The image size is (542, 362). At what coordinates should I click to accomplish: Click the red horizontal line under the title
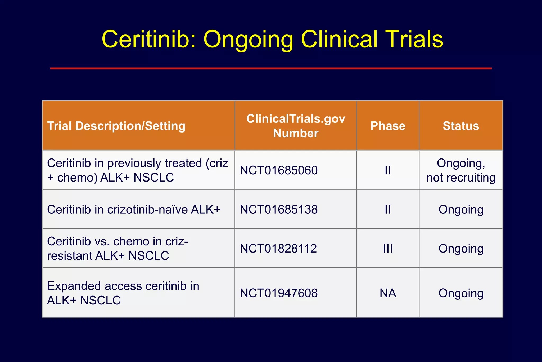tap(271, 68)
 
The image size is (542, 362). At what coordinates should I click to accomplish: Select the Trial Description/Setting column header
tap(116, 126)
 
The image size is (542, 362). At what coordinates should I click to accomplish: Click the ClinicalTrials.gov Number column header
tap(296, 126)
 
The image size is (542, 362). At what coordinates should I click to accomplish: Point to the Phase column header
tap(388, 126)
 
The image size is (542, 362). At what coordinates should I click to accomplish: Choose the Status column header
tap(461, 126)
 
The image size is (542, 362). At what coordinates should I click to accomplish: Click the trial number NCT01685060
tap(279, 170)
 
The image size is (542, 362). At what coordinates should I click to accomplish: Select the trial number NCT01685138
tap(279, 209)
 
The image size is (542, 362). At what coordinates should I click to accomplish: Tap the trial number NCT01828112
tap(278, 249)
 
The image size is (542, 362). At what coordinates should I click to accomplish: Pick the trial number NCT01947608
tap(279, 293)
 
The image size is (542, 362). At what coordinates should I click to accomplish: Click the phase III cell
tap(388, 249)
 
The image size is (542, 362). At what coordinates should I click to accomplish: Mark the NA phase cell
tap(388, 293)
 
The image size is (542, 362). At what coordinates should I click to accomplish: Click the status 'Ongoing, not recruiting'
tap(461, 170)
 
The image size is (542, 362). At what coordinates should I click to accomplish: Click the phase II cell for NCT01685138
tap(388, 209)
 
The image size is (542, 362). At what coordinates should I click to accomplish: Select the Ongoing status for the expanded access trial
tap(461, 293)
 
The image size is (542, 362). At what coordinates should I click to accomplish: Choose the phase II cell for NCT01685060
tap(388, 170)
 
